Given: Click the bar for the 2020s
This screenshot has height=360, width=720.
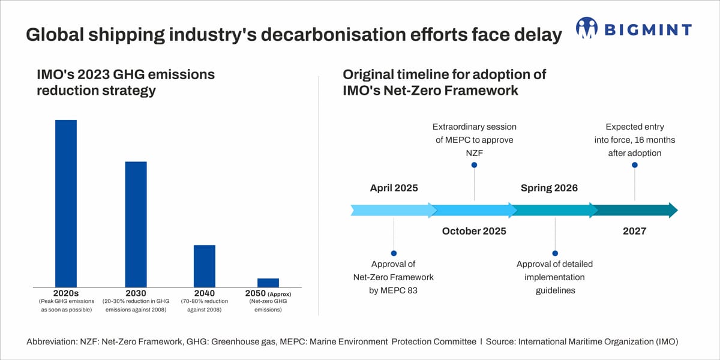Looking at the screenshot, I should (66, 203).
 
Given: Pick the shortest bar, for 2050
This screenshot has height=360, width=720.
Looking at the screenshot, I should (268, 283).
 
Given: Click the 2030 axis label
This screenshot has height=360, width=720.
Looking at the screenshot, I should (136, 293).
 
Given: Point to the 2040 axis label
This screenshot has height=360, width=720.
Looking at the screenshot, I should (204, 293).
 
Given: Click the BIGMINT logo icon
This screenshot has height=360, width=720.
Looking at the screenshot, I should (587, 28).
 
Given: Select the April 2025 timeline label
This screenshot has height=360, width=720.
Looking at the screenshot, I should (394, 188).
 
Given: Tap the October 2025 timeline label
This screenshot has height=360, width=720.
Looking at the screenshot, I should (474, 231).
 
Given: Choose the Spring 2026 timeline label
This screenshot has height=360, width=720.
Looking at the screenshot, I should (549, 188).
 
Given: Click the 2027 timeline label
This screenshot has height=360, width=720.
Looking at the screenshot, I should (634, 231).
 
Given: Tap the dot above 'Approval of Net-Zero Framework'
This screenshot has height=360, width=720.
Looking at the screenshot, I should (394, 253).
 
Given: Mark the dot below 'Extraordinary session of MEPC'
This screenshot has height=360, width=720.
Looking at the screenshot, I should (474, 165).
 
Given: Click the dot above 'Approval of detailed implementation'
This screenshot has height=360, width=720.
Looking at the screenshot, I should (555, 253).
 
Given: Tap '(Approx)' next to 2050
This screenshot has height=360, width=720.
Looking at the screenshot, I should (279, 295).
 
